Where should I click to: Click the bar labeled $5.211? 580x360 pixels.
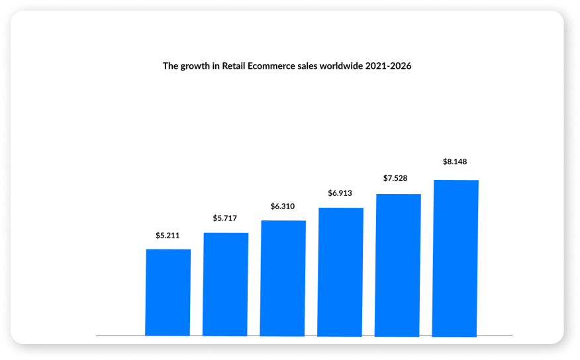(168, 292)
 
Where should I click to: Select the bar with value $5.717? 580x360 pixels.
(226, 284)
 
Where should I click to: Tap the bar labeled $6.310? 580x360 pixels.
(283, 278)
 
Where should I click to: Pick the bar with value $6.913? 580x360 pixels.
(340, 271)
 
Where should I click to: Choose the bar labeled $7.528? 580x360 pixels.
(398, 265)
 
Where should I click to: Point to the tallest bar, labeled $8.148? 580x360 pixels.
(456, 258)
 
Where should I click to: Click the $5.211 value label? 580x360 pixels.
(168, 235)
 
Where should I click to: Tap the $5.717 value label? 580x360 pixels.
(226, 218)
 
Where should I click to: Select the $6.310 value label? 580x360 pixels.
(283, 206)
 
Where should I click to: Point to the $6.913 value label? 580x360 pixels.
(340, 193)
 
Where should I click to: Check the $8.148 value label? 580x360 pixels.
(456, 161)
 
